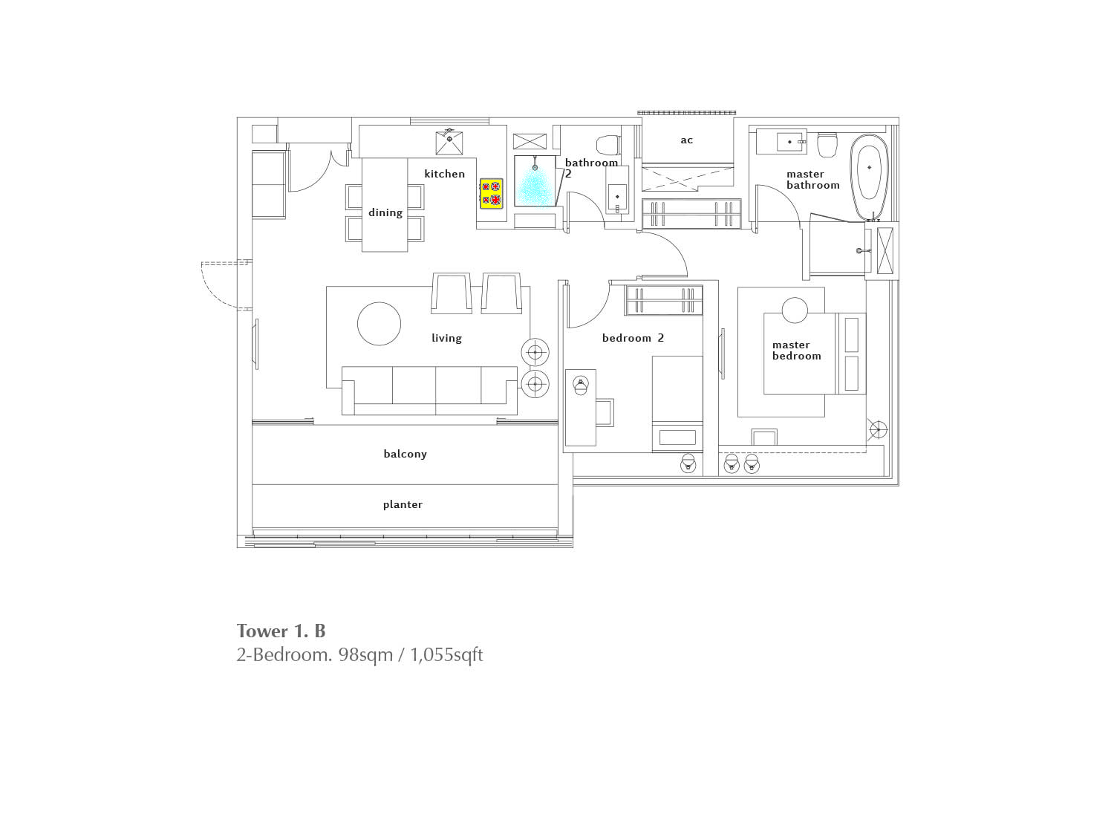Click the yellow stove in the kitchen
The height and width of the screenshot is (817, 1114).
492,193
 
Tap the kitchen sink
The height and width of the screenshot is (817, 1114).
449,143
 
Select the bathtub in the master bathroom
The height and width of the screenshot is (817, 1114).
869,177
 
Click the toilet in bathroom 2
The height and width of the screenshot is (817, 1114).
608,145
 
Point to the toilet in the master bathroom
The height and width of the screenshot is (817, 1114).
827,144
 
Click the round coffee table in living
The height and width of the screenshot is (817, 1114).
379,324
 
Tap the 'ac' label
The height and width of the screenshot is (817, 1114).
687,140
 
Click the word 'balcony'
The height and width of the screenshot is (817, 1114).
405,454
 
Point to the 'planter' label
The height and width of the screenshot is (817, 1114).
403,504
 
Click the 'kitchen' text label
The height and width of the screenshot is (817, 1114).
445,174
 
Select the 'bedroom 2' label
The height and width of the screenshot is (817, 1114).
633,338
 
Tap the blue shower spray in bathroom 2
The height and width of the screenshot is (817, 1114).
535,187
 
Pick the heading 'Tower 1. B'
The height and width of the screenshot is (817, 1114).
281,631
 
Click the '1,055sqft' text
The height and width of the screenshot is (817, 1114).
446,655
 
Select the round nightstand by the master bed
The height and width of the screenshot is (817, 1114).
795,310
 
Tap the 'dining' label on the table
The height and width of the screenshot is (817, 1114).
385,213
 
